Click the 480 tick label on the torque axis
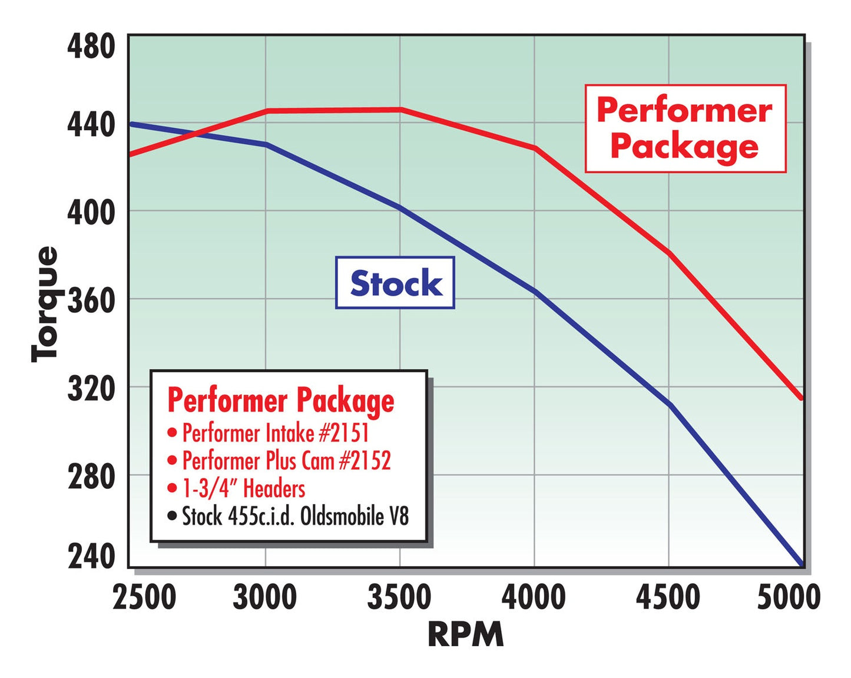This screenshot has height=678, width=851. [91, 46]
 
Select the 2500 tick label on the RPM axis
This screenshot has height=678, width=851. [144, 597]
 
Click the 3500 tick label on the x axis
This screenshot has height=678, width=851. [399, 597]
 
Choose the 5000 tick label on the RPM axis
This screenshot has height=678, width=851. [788, 597]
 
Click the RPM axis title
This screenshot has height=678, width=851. [465, 634]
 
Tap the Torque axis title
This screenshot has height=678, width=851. [45, 303]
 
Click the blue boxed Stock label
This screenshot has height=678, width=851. [395, 283]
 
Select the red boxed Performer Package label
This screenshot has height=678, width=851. [685, 128]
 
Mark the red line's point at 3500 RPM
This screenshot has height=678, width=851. [400, 110]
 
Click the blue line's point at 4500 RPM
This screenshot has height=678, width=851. [670, 405]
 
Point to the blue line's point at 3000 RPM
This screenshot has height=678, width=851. [266, 144]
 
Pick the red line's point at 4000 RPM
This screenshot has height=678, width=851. [535, 148]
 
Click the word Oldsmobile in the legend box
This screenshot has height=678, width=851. [336, 517]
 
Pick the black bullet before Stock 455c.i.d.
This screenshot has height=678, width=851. [172, 517]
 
